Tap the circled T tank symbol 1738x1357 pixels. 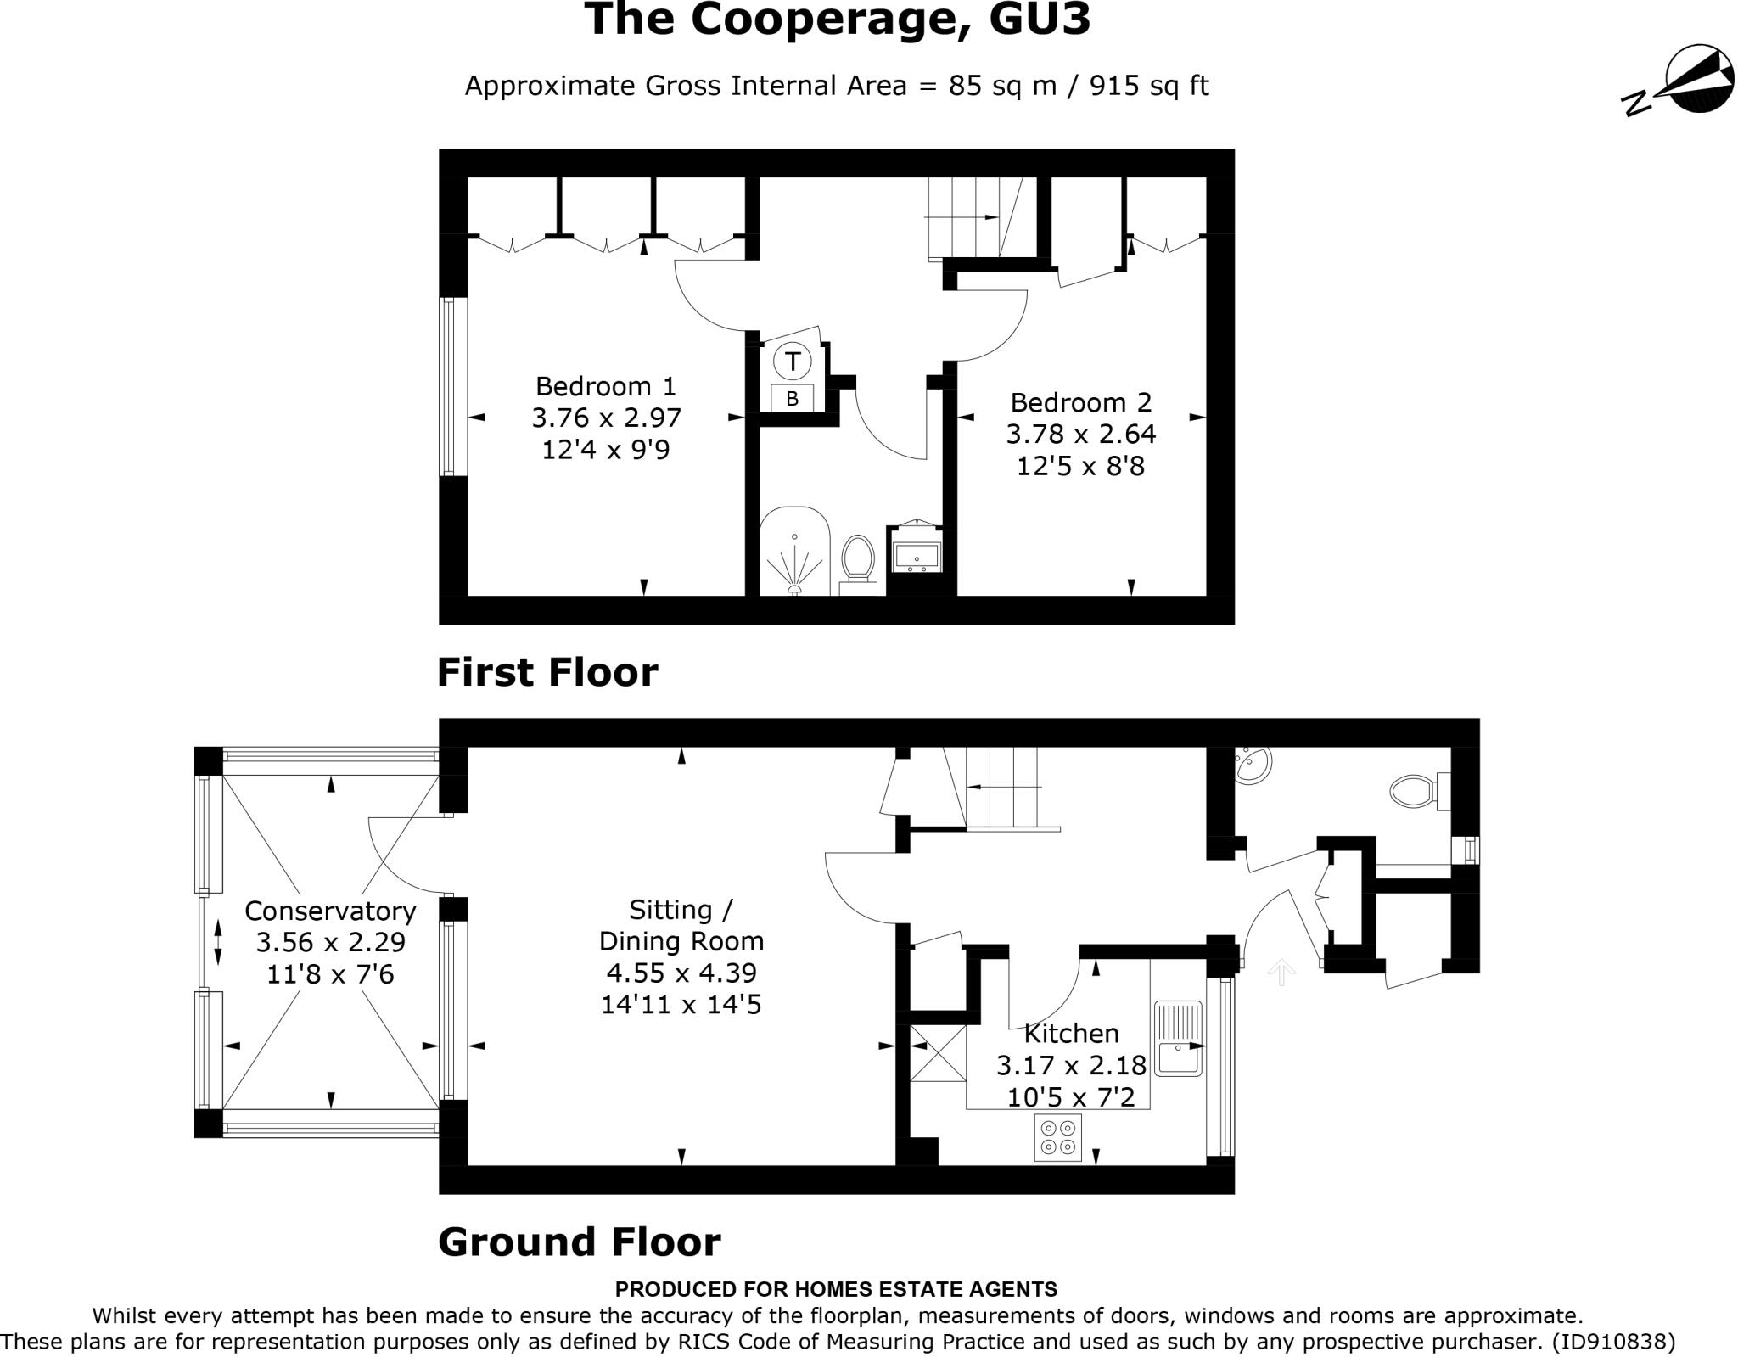click(792, 361)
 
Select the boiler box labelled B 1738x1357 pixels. click(792, 398)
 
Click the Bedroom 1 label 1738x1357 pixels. click(605, 386)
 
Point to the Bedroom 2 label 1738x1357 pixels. click(1080, 401)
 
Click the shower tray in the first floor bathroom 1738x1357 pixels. click(793, 552)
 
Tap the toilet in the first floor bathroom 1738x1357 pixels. click(858, 560)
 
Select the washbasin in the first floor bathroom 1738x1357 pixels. click(917, 556)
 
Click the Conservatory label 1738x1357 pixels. click(330, 911)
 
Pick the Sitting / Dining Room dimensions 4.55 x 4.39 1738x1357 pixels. click(681, 973)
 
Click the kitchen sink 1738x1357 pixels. click(1178, 1040)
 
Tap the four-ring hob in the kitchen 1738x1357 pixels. click(1057, 1138)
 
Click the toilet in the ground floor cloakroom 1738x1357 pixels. click(1414, 791)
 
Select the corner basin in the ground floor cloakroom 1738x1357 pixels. click(1251, 765)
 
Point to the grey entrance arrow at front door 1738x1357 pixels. click(1281, 972)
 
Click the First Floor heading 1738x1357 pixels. click(547, 672)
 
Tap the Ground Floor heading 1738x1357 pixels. click(579, 1242)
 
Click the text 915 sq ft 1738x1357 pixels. click(1149, 86)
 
